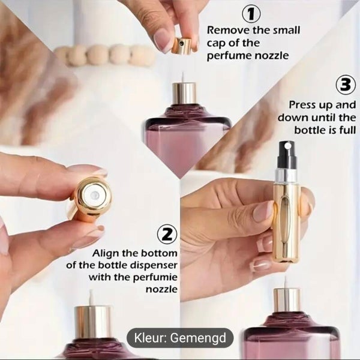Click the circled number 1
coord(251,14)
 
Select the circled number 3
coord(346,85)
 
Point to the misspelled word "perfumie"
coord(155,278)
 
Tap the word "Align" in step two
coord(107,253)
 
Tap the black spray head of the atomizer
coord(286,155)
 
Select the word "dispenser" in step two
coord(154,265)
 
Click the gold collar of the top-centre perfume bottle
coord(184,94)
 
